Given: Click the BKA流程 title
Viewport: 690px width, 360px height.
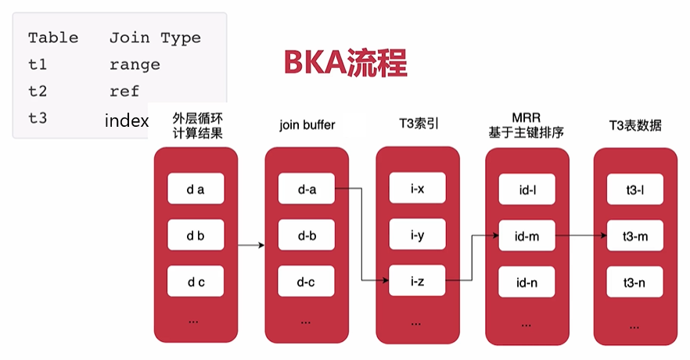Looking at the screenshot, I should coord(345,63).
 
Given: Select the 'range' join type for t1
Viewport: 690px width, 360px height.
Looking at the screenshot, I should coord(135,65).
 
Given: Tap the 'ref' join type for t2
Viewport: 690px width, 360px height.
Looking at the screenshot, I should coord(124,92).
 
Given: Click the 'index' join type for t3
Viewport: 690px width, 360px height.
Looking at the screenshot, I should coord(126,121).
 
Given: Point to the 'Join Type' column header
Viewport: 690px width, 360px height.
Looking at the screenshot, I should coord(155,38).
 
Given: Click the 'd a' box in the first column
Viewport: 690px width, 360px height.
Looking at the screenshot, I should coord(196,189).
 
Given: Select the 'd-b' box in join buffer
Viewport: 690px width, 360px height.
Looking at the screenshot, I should coord(307,234).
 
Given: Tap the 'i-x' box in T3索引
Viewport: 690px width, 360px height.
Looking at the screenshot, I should coord(418,189).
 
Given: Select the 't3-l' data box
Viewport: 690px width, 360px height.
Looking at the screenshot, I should coord(635,189).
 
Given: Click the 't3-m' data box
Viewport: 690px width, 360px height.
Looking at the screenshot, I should coord(635,234).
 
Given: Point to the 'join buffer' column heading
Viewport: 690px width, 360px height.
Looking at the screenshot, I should coord(307,125).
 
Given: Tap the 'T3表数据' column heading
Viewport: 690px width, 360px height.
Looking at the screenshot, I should coord(635,125).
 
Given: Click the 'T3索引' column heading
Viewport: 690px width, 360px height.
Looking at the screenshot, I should coord(418,125).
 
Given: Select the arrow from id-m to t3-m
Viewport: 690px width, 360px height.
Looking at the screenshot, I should coord(581,234).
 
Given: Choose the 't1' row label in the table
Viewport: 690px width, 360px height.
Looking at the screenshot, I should coord(37,65).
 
